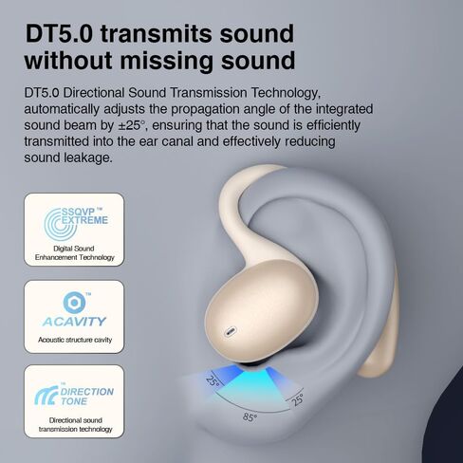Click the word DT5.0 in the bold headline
(x=59, y=33)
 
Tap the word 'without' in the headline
(x=68, y=60)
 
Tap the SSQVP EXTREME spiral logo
(x=60, y=223)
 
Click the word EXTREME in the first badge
(x=84, y=220)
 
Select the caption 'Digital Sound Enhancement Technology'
(x=74, y=253)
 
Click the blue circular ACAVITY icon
(x=74, y=303)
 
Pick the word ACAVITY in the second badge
(x=74, y=322)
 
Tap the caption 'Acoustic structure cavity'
(x=75, y=340)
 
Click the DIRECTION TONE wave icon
(x=46, y=396)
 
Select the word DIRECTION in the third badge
(x=87, y=392)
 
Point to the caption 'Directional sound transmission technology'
(x=75, y=425)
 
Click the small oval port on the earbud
(x=231, y=332)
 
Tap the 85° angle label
(x=250, y=417)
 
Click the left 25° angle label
(x=213, y=380)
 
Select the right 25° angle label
(x=298, y=399)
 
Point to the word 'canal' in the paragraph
(x=177, y=141)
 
